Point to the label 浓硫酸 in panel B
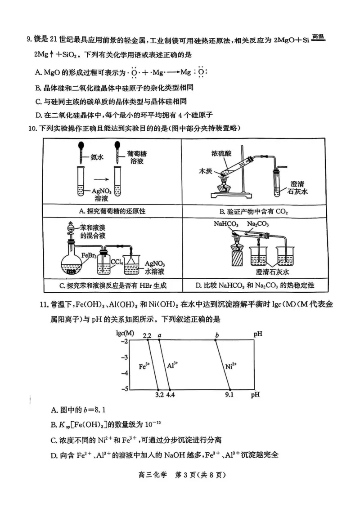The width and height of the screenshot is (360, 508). pyautogui.click(x=221, y=153)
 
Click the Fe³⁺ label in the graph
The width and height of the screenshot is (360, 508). pyautogui.click(x=144, y=366)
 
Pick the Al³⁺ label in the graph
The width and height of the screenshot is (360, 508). pyautogui.click(x=172, y=365)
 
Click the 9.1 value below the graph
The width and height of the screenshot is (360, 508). pyautogui.click(x=229, y=395)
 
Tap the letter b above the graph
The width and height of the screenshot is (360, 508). pyautogui.click(x=217, y=335)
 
